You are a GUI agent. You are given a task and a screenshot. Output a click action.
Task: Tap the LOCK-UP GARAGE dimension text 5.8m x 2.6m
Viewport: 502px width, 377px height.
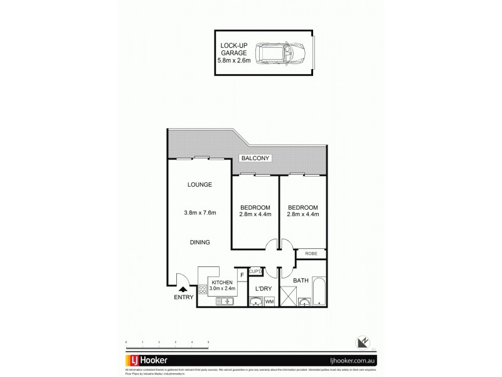(x=233, y=60)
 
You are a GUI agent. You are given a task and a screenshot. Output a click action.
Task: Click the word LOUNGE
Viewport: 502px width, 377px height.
(x=200, y=185)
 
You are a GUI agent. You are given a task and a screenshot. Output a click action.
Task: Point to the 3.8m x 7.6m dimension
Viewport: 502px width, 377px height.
(x=200, y=213)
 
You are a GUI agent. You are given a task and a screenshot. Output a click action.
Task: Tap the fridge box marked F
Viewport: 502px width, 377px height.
(x=242, y=275)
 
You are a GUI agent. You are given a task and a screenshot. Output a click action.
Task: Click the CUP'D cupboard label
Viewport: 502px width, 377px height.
(x=255, y=271)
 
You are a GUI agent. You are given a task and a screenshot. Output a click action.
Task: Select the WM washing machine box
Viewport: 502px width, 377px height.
(x=270, y=302)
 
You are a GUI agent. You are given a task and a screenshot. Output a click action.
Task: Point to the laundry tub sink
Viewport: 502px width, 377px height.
(x=255, y=302)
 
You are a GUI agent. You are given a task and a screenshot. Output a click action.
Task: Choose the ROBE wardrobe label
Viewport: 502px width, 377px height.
(x=311, y=253)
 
